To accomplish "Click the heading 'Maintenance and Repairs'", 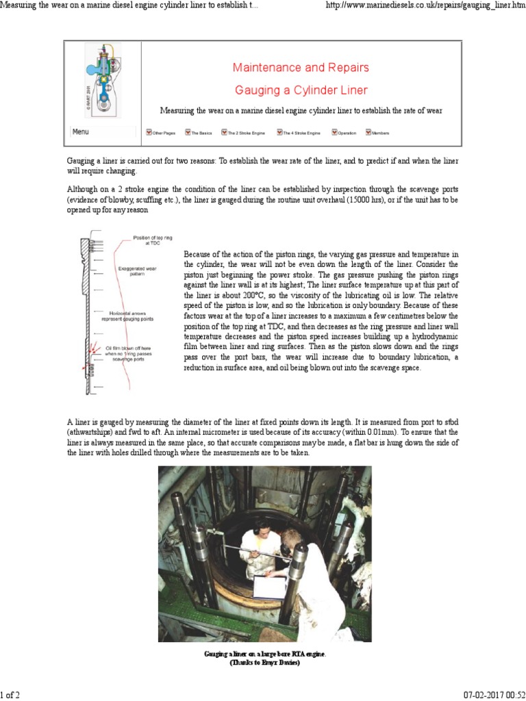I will pos(301,67).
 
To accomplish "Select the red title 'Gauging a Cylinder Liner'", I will pos(301,90).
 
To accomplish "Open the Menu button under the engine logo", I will pos(81,132).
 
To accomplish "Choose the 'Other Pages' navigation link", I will pos(161,133).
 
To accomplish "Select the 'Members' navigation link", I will pos(377,133).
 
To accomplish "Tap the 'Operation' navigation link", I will pos(344,133).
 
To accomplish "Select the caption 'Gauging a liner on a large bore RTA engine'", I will pos(265,654).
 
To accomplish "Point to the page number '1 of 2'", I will pos(10,695).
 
